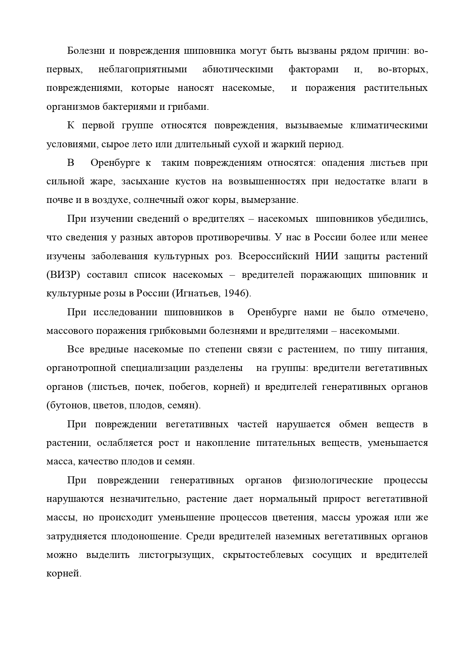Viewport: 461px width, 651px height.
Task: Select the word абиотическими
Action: [238, 69]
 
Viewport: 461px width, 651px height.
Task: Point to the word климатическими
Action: [389, 125]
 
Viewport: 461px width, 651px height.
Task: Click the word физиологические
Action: [332, 480]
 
